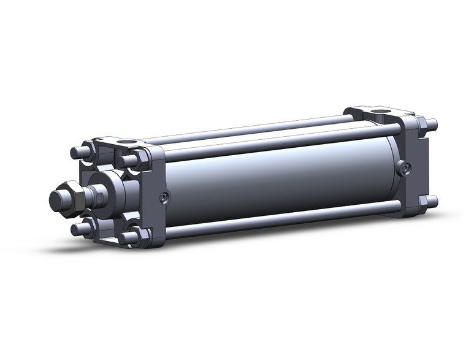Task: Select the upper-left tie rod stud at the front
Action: pyautogui.click(x=78, y=153)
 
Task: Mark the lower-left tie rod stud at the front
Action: pyautogui.click(x=80, y=229)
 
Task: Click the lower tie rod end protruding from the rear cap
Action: pyautogui.click(x=433, y=201)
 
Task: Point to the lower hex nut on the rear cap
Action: pyautogui.click(x=423, y=202)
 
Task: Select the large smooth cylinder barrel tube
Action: pyautogui.click(x=276, y=178)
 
